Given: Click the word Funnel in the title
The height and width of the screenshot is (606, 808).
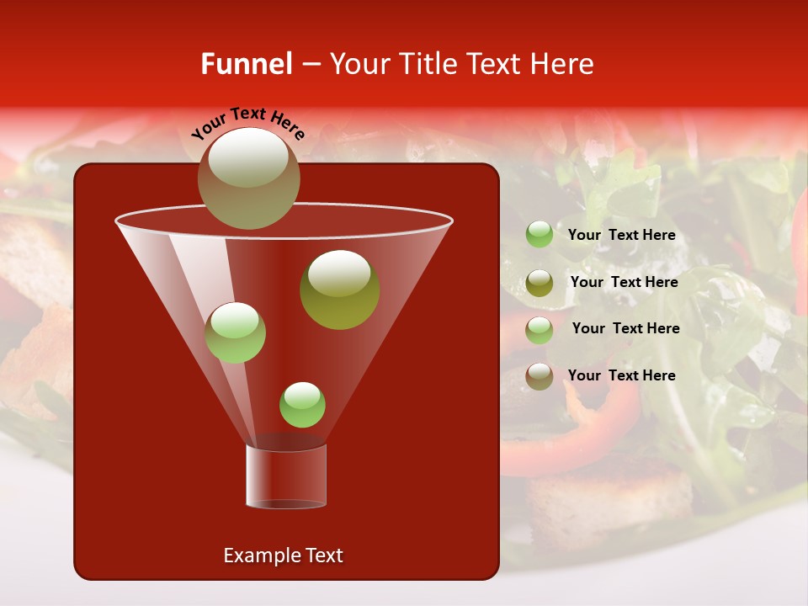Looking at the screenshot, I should (246, 64).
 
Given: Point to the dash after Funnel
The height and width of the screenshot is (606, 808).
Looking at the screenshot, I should (310, 65).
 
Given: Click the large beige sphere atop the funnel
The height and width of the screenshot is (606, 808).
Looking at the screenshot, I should (248, 178).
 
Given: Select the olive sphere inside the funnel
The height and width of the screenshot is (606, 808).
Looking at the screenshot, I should (339, 290).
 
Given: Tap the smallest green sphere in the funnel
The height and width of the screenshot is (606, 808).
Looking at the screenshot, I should (302, 405).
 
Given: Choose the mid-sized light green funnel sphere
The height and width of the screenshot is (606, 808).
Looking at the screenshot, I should (236, 332).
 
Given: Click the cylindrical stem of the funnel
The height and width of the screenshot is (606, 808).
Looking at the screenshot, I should (286, 476).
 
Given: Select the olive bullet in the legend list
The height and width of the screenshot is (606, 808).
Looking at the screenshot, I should (540, 283).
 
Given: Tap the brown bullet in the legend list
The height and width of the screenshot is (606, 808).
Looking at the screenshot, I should (540, 376).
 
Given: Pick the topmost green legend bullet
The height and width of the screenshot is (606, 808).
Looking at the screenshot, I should (540, 235).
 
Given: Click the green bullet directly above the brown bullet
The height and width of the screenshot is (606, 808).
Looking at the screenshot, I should (540, 330).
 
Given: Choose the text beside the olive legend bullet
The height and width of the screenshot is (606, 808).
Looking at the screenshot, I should (624, 282).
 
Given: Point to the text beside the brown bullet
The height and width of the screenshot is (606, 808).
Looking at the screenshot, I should (622, 375).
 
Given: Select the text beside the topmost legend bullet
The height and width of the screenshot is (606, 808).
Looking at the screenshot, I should (622, 235).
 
